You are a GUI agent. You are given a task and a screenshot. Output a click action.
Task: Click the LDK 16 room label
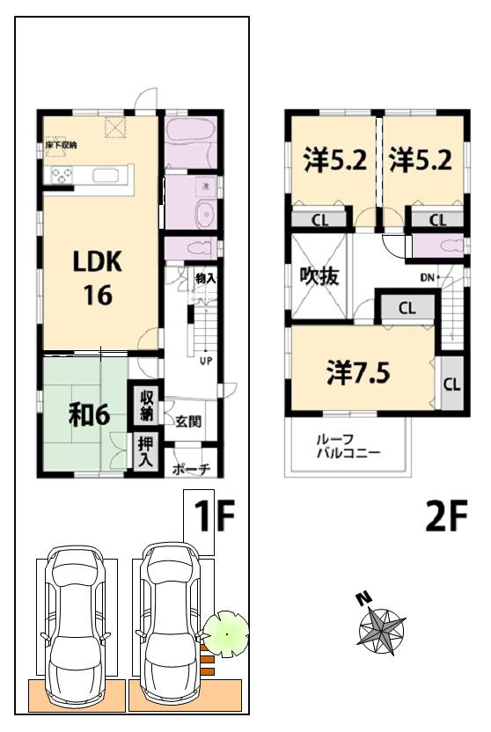click(x=98, y=277)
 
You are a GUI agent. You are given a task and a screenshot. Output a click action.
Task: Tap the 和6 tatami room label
click(x=89, y=414)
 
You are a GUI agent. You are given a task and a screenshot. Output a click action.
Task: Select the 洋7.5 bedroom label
click(x=358, y=371)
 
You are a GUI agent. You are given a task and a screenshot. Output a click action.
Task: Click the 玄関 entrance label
click(x=187, y=421)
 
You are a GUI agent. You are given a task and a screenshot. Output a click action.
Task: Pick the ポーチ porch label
click(x=191, y=469)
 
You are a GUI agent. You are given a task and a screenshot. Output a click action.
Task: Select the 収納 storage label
click(x=145, y=405)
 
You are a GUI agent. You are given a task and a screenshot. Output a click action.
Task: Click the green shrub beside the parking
click(x=226, y=633)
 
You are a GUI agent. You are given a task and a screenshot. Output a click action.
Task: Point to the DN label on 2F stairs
click(x=429, y=278)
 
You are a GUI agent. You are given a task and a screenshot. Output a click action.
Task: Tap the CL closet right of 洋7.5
click(x=451, y=384)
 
